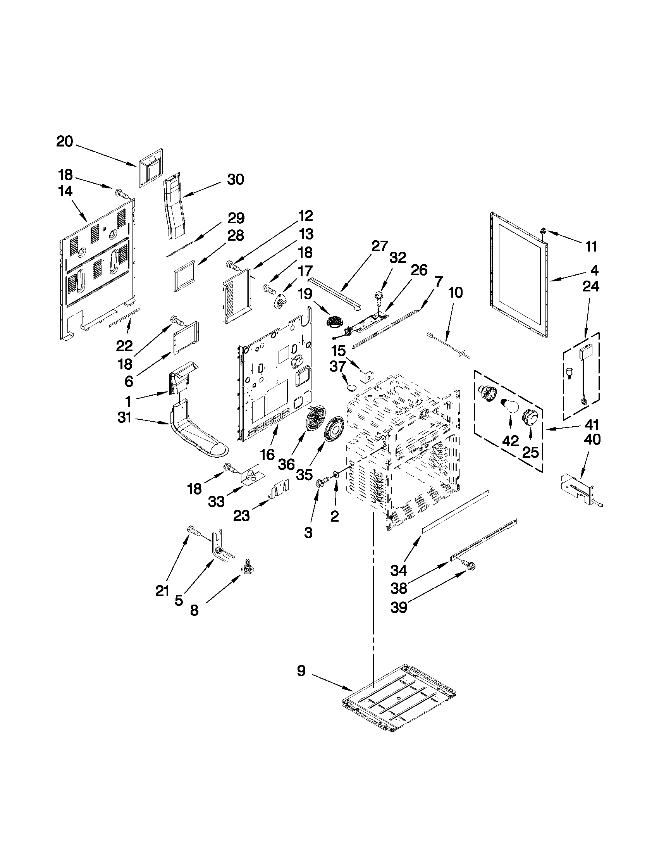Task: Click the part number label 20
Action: (65, 141)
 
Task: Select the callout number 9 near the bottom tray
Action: (301, 671)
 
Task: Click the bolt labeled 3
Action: (320, 483)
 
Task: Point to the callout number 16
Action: (268, 455)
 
